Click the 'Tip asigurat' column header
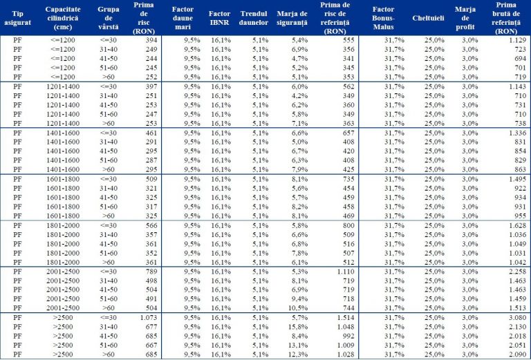(18, 19)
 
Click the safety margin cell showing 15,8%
(296, 326)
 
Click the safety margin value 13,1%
(296, 345)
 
